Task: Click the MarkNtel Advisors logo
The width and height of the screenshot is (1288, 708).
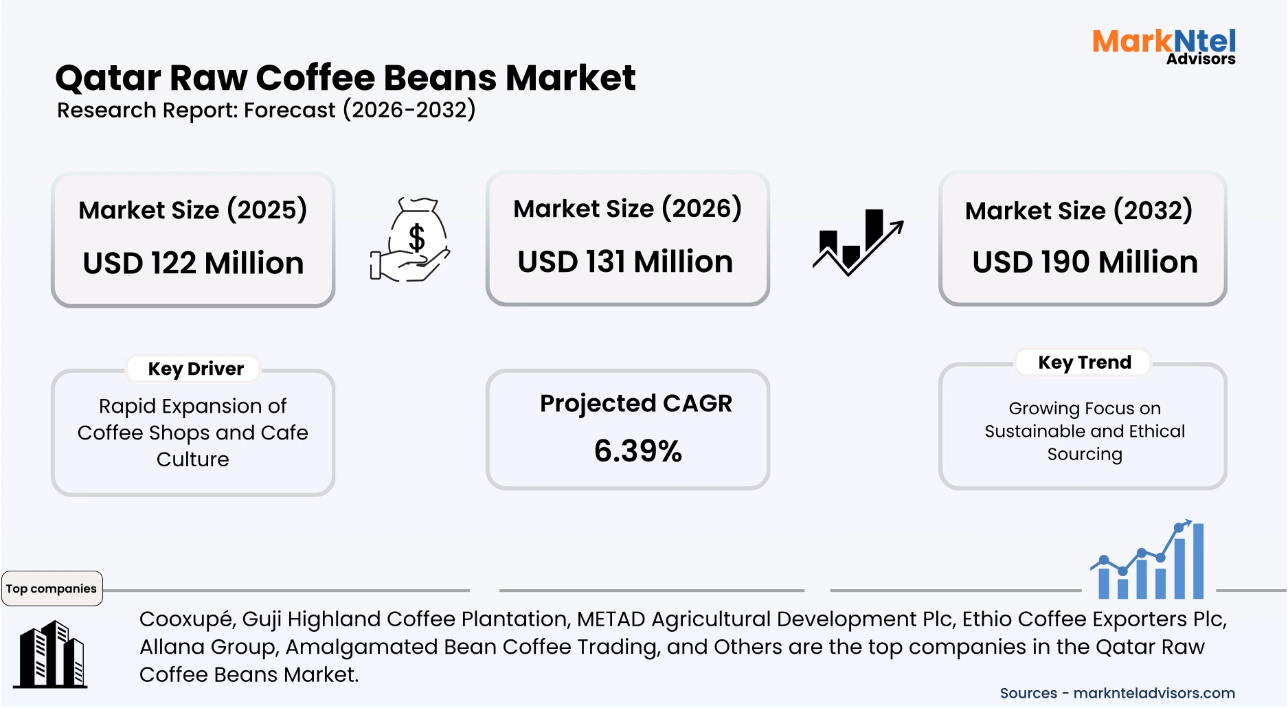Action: [x=1164, y=47]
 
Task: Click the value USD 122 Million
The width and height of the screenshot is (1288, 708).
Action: [x=193, y=263]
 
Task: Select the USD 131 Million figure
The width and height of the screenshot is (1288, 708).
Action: [x=625, y=262]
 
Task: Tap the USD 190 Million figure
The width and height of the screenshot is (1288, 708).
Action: [x=1085, y=262]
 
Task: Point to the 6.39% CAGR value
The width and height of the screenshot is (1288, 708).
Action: [x=637, y=451]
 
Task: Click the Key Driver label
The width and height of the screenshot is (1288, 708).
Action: [x=196, y=369]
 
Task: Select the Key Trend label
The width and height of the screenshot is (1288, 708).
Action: [x=1084, y=363]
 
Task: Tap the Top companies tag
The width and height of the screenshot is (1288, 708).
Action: [x=52, y=589]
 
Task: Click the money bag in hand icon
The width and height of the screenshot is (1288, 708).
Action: [x=411, y=240]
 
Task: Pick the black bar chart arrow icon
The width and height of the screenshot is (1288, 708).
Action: [x=857, y=242]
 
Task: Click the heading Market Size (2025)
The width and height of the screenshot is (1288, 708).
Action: [x=192, y=210]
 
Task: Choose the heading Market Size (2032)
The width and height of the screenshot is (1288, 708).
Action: [x=1078, y=211]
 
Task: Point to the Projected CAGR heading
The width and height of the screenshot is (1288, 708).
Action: [x=636, y=404]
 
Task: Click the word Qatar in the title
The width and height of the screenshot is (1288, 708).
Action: [x=108, y=78]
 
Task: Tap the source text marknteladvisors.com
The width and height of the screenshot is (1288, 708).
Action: [x=1154, y=694]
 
